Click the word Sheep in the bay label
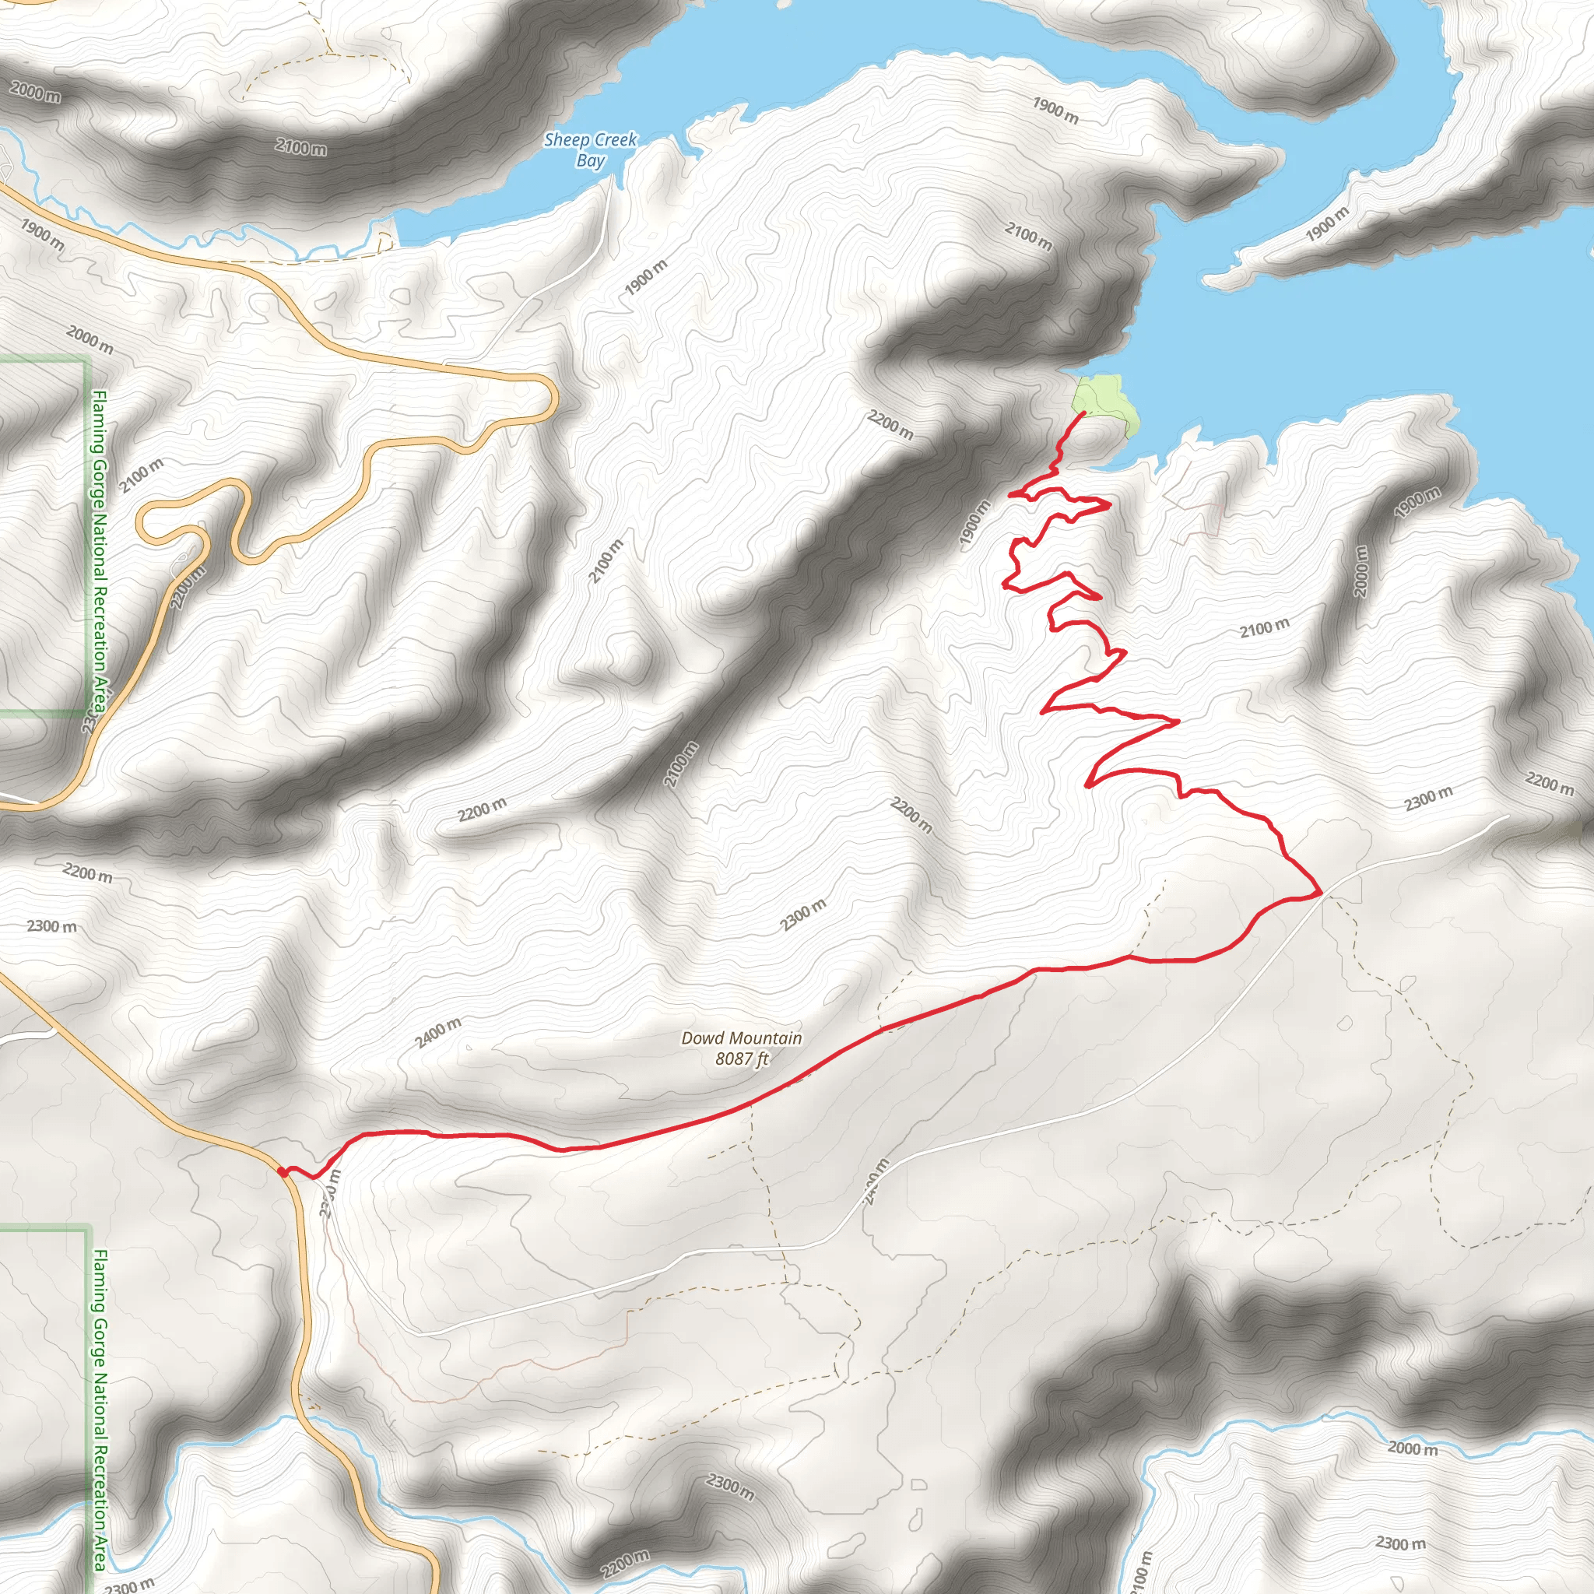[x=567, y=140]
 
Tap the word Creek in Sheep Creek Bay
[x=614, y=139]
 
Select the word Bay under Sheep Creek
[x=591, y=160]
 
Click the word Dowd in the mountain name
[x=702, y=1039]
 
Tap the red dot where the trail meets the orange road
[x=283, y=1171]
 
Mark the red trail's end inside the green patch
[x=1083, y=413]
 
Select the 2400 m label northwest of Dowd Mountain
[x=438, y=1032]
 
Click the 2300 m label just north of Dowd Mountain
[x=803, y=916]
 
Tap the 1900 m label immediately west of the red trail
[x=974, y=524]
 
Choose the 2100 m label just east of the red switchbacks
[x=1264, y=629]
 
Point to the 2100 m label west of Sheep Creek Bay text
[x=301, y=148]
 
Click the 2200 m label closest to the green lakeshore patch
[x=890, y=425]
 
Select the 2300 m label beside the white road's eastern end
[x=1429, y=798]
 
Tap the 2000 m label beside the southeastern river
[x=1413, y=1448]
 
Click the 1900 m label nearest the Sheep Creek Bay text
[x=646, y=277]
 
